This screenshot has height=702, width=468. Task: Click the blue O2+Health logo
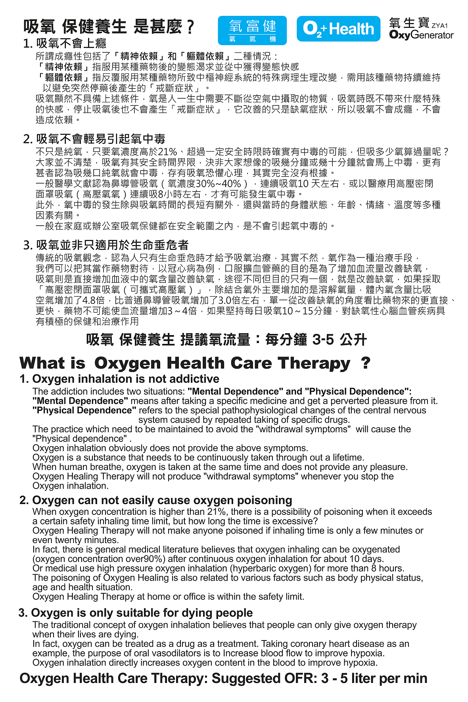coord(338,29)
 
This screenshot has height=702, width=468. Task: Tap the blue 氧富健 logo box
coord(252,30)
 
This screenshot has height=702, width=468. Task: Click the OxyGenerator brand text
coord(421,35)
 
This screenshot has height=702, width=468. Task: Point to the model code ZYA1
coord(439,26)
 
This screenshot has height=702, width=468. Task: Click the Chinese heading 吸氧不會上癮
coord(71,43)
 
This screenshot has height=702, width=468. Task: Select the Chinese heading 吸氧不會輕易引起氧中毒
coord(100,139)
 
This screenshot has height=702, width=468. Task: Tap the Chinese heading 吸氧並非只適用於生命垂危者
coord(112,245)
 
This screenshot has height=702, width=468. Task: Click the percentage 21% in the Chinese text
coord(167,152)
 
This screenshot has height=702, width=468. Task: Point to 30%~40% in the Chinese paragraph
coord(219,184)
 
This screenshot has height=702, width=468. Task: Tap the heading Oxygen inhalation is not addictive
coord(125,379)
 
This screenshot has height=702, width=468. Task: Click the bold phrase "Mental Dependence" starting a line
coord(80,401)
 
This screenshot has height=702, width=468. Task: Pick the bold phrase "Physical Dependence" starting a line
coord(84,410)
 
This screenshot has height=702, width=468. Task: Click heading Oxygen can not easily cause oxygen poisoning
coord(162,500)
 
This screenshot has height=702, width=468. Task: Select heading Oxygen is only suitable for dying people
coord(142,613)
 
